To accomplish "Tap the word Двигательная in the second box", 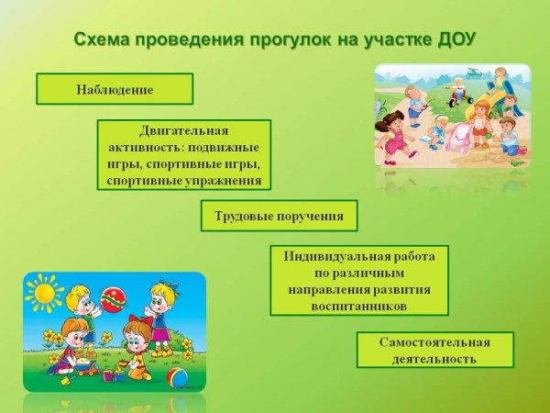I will point(183,131).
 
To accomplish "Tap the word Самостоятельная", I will point(434,341).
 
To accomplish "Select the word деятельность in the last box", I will point(434,359).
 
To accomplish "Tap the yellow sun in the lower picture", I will point(43,294).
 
